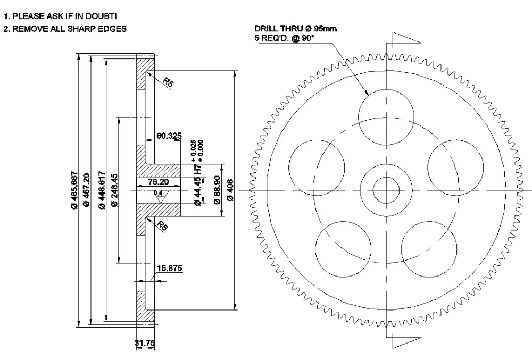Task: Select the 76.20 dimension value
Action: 158,181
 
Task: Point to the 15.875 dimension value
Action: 170,269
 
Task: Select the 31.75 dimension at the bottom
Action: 144,343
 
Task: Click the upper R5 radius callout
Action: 168,82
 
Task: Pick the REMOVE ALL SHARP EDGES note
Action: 64,29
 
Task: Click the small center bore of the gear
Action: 386,190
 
